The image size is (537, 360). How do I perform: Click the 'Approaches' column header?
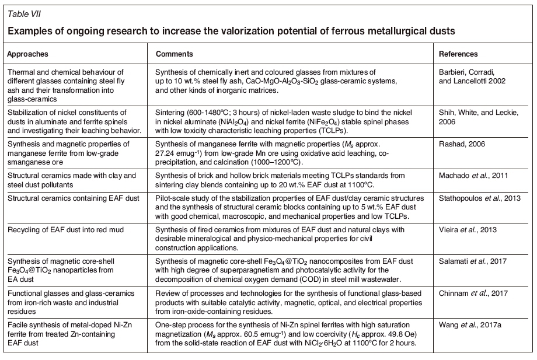pos(27,54)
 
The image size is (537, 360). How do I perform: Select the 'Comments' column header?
pos(174,54)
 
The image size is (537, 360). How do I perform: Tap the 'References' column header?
pos(458,54)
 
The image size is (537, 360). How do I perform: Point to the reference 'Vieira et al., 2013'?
pos(468,229)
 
